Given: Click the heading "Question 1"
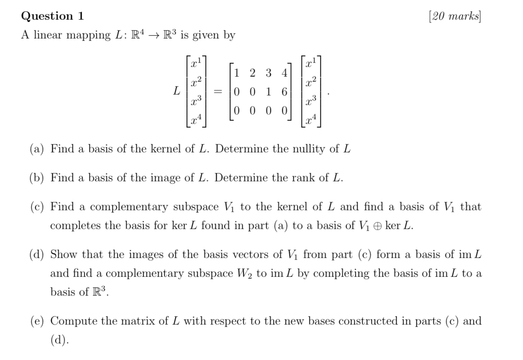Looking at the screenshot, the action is click(x=53, y=17).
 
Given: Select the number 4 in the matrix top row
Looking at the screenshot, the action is click(x=285, y=73).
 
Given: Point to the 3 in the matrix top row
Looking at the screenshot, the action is click(x=269, y=73).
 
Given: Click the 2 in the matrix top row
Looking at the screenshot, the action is click(x=253, y=73).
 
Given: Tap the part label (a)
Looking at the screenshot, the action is click(x=38, y=149).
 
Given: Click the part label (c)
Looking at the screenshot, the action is click(x=38, y=207).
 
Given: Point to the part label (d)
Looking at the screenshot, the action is click(x=38, y=254).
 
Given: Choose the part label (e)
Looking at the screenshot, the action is click(x=38, y=321).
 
